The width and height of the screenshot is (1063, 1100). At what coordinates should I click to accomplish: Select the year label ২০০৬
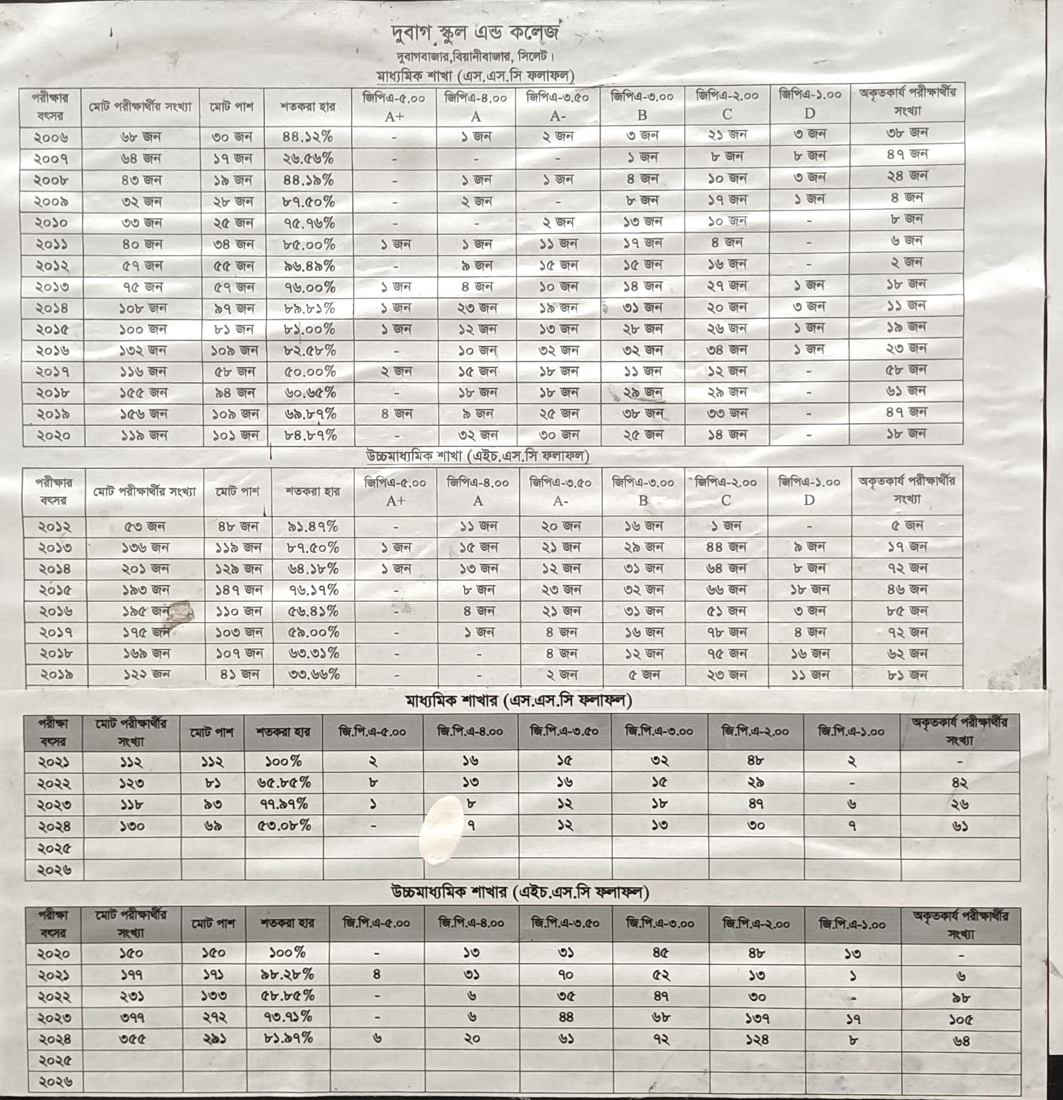point(51,138)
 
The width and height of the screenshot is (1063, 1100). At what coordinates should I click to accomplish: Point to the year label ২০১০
point(51,223)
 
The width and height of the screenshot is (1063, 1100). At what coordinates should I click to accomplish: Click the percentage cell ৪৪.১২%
point(307,137)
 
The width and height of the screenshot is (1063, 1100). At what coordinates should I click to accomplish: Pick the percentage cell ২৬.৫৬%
point(308,158)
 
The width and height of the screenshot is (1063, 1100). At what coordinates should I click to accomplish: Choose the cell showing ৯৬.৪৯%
point(309,266)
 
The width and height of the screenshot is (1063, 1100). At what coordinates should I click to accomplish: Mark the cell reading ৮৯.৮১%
point(309,308)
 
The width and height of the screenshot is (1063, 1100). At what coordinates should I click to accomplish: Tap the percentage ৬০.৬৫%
point(310,392)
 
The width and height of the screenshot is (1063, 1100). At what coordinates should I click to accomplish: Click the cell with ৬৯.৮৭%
point(311,414)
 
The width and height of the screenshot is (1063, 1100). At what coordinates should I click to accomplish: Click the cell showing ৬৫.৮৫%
point(284,782)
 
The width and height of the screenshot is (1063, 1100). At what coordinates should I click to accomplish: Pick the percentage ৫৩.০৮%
point(284,825)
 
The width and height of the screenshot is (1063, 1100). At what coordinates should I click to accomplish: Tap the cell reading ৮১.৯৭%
point(288,1038)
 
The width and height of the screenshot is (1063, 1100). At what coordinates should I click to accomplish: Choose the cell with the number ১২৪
point(757,1039)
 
